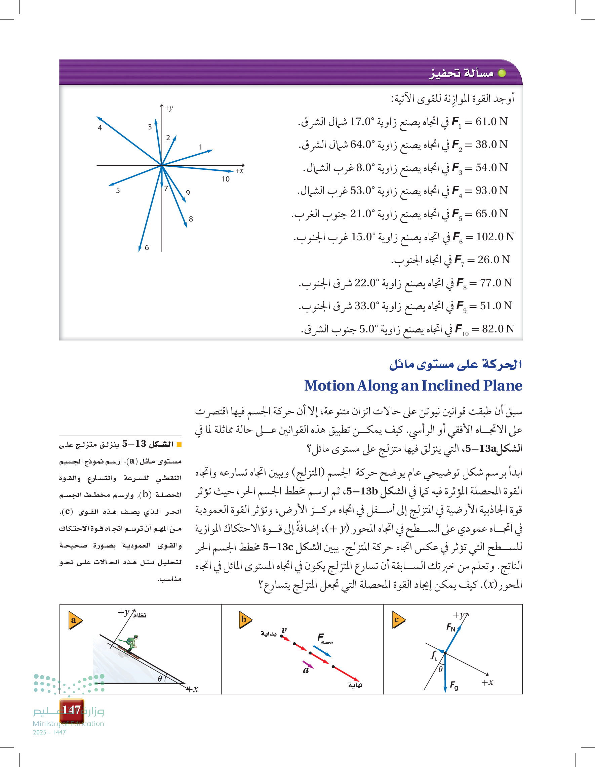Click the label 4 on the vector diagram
100,128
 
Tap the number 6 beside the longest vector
147,248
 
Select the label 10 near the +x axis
226,179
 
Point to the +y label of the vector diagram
169,108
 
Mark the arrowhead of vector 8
186,226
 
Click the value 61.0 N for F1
491,122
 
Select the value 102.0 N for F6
495,237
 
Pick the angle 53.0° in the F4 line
365,190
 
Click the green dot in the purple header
502,73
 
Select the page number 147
71,710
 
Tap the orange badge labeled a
75,620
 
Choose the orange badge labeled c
398,620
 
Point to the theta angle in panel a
160,679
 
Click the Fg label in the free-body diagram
454,685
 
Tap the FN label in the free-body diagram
451,627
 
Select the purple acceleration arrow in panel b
308,664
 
